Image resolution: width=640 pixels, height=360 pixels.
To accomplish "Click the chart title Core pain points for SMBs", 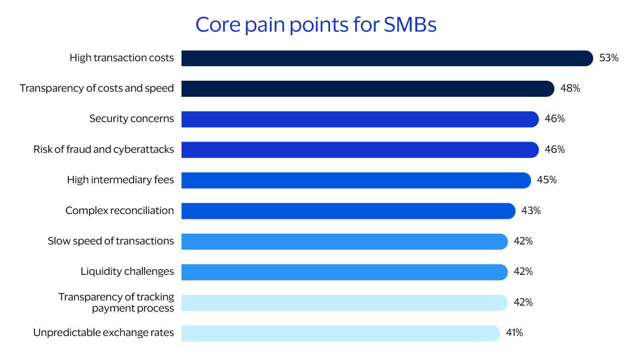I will [316, 25].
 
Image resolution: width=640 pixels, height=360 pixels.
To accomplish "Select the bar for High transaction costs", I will [387, 58].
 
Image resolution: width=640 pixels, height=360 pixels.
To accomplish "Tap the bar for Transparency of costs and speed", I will [368, 89].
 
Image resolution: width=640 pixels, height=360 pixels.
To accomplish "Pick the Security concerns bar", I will [360, 119].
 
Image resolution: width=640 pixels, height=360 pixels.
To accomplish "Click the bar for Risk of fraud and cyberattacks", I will [360, 150].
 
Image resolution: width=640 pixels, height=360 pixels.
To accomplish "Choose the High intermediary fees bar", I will [356, 180].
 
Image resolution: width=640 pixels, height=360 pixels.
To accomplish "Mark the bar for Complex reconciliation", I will [348, 211].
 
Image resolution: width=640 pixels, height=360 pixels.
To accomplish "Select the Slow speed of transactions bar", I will [344, 242].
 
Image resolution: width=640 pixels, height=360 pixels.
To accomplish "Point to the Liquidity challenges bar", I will [344, 272].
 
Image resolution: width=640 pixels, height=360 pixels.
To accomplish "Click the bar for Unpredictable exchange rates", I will [340, 333].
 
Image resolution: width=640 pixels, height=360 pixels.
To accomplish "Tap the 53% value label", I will [609, 58].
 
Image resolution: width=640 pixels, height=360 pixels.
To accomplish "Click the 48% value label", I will [570, 88].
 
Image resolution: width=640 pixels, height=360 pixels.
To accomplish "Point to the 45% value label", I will [547, 180].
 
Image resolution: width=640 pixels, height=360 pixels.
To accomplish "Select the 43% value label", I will [531, 211].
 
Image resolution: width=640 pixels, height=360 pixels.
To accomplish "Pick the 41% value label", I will [514, 333].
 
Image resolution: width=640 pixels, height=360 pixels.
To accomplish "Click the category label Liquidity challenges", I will [127, 272].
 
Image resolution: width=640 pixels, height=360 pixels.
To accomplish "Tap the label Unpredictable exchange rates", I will [104, 333].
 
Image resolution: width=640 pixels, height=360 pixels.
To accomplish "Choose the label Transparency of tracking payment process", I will [116, 302].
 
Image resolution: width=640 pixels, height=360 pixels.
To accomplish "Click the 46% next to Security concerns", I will [554, 119].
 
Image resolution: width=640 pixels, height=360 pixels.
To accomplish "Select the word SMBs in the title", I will [410, 25].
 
